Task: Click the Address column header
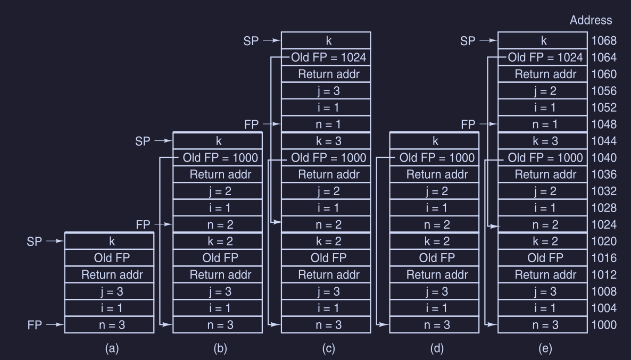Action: click(x=591, y=21)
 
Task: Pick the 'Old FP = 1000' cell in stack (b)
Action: click(x=220, y=157)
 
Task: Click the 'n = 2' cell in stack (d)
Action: click(x=434, y=224)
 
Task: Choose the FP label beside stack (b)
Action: click(x=144, y=224)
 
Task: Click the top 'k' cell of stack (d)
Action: click(x=434, y=141)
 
